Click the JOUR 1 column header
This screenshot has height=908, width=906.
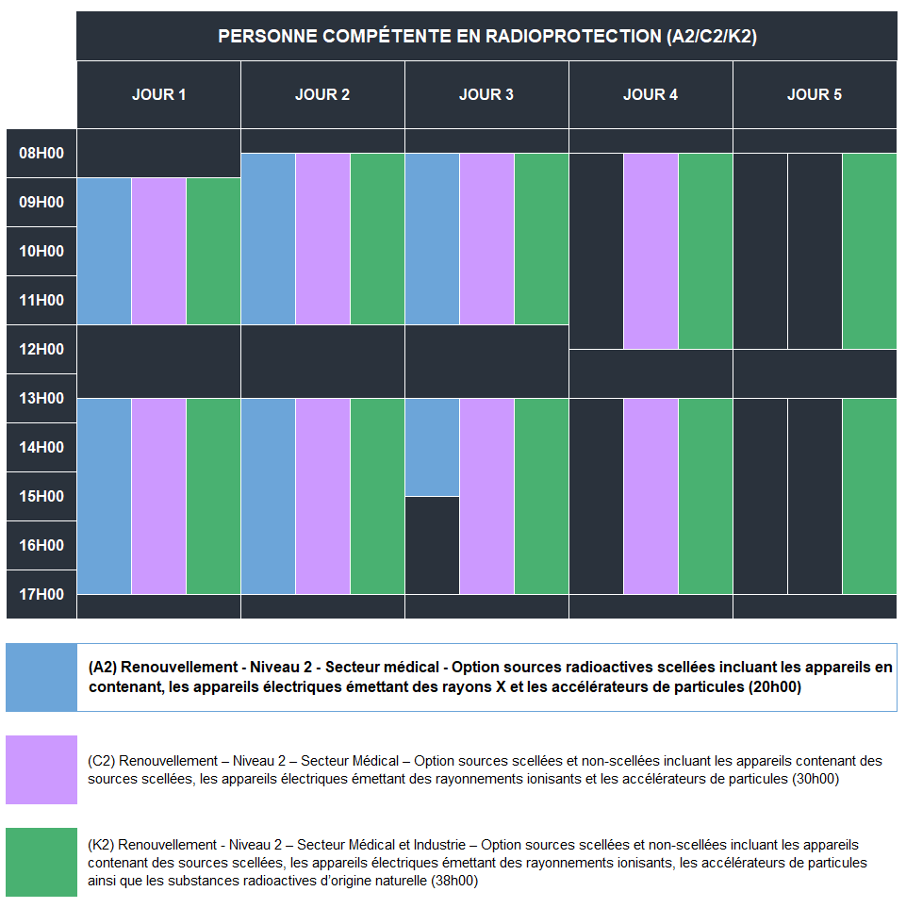pos(158,94)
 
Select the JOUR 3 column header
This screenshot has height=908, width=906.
pos(486,94)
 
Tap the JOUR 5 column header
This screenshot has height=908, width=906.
pos(815,94)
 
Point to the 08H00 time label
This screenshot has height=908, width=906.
pos(41,153)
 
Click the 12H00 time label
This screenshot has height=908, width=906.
pos(41,349)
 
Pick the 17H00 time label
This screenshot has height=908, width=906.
pos(41,594)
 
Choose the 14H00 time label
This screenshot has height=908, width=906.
pos(41,447)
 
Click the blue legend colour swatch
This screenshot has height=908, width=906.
pos(41,677)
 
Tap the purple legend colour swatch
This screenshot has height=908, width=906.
pos(41,769)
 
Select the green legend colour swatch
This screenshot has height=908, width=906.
pos(41,862)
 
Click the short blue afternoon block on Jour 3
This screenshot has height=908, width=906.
pos(432,447)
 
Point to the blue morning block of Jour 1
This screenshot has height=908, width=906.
pos(104,251)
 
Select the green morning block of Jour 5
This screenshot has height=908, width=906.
pos(869,251)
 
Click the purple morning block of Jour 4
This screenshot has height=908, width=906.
pos(651,251)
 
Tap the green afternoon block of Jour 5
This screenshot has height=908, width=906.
pos(869,496)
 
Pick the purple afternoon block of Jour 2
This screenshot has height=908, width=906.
pos(322,496)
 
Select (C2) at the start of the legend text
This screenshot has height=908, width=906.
pos(102,760)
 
